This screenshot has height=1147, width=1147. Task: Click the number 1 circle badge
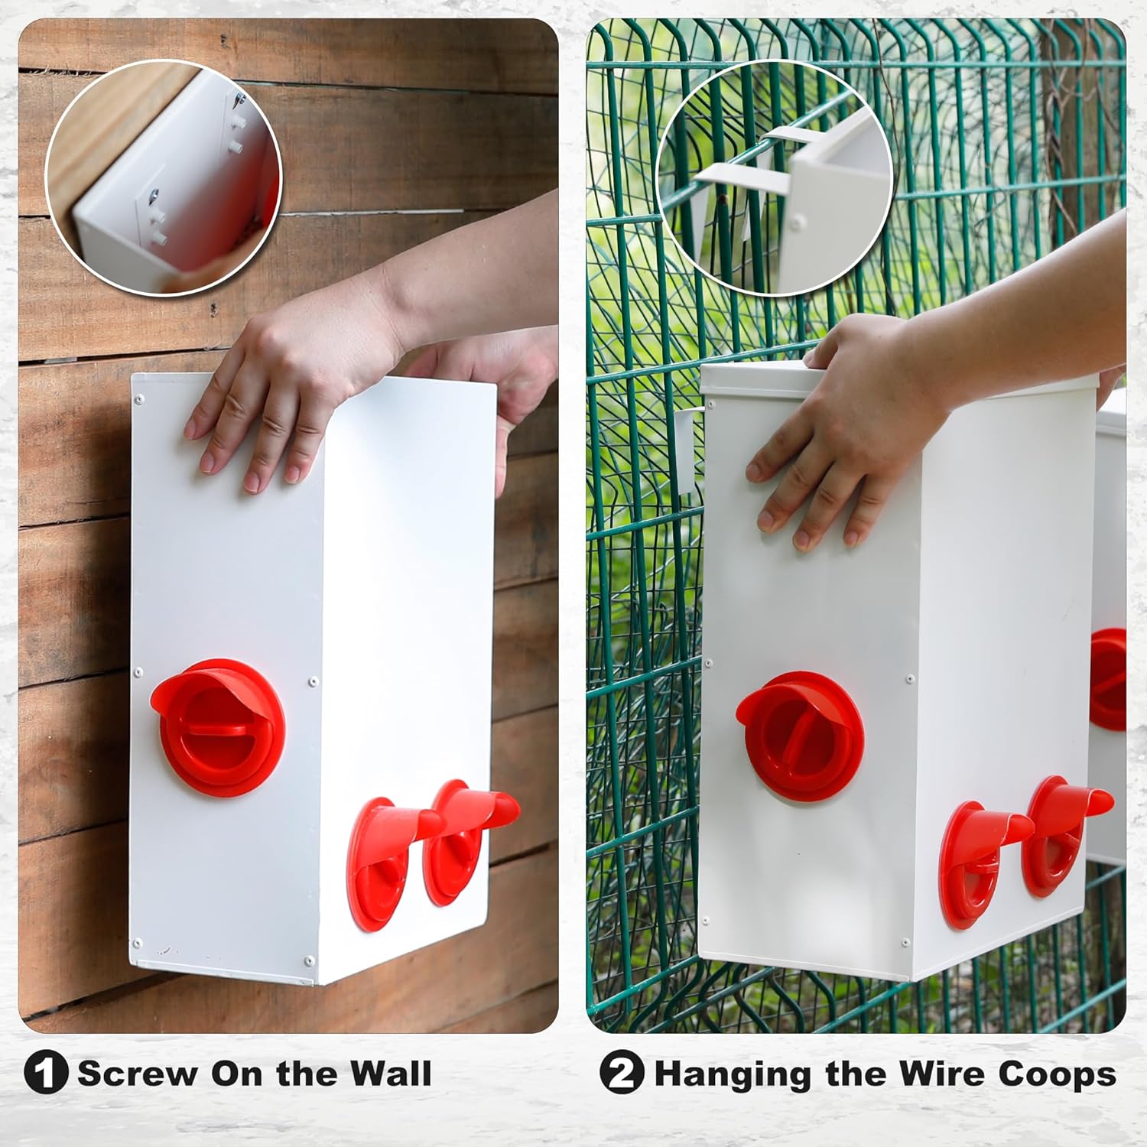[46, 1073]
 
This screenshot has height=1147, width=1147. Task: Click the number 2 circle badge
[622, 1073]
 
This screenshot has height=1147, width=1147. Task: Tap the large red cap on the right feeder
[799, 734]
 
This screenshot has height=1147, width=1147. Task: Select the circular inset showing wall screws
[164, 177]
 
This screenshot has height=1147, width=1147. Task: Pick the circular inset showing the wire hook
[774, 177]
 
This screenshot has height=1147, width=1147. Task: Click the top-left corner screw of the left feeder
[138, 399]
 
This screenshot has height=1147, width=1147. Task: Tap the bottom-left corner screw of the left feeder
[138, 944]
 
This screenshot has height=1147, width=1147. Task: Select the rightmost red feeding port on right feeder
[1063, 833]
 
